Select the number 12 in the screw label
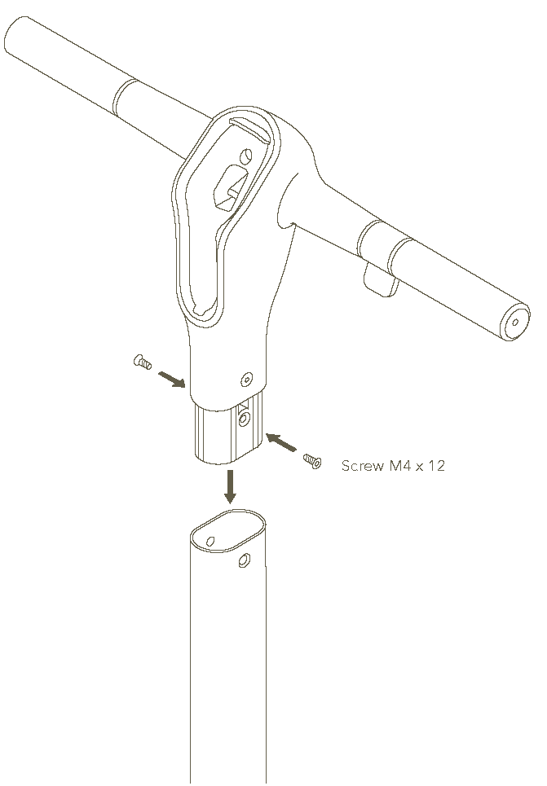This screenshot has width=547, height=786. tap(437, 466)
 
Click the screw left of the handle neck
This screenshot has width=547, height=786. tap(143, 362)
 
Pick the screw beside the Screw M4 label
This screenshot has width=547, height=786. tap(312, 461)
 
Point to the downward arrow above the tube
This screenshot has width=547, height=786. tap(230, 486)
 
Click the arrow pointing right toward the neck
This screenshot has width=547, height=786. tap(172, 380)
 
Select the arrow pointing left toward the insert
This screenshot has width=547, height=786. tap(281, 442)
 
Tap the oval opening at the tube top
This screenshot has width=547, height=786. tap(229, 531)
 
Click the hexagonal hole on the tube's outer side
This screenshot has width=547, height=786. tap(245, 560)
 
